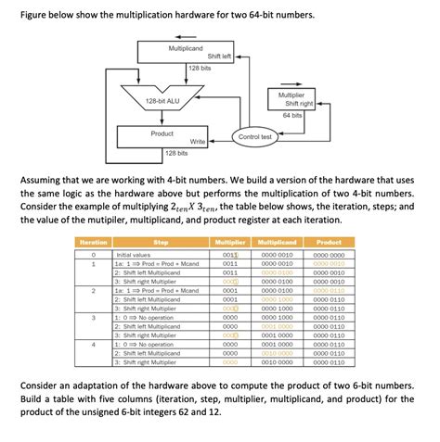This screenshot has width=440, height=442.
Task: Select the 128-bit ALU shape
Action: [x=162, y=100]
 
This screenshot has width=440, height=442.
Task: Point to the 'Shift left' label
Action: [x=219, y=57]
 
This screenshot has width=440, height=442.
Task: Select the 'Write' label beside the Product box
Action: [x=197, y=142]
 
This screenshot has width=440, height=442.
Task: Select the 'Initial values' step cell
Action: [x=133, y=253]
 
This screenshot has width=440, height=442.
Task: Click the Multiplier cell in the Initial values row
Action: [x=230, y=253]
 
